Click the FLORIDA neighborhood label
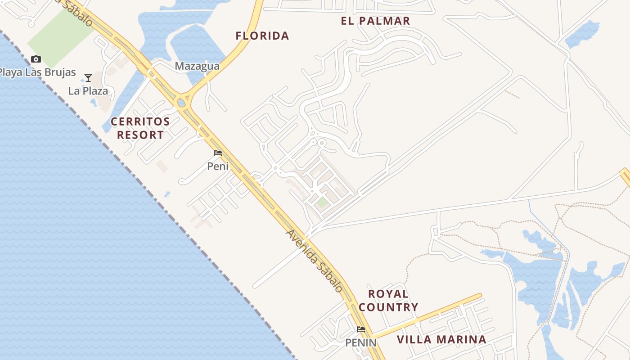(262, 36)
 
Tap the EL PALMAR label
(376, 21)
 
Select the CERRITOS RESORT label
(140, 128)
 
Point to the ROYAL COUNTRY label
(388, 301)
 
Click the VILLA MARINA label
(441, 340)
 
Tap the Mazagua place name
(197, 67)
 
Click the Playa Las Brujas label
(38, 73)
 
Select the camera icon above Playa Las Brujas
(36, 59)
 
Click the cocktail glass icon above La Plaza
(88, 78)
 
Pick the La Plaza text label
(88, 91)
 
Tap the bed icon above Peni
(218, 153)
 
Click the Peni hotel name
(218, 166)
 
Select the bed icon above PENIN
(361, 329)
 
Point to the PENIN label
(361, 343)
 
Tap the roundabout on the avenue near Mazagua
(182, 103)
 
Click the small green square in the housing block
(322, 202)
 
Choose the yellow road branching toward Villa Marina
(427, 316)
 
